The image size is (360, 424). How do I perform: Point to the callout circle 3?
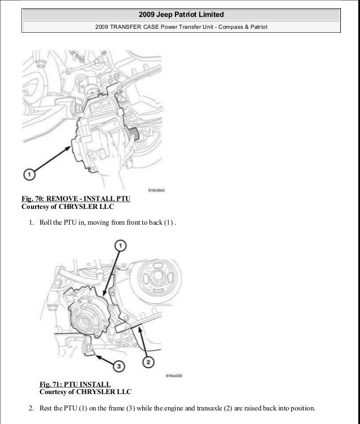(118, 366)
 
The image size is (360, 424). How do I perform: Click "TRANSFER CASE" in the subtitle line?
(136, 26)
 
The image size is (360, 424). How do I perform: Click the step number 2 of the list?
(30, 408)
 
